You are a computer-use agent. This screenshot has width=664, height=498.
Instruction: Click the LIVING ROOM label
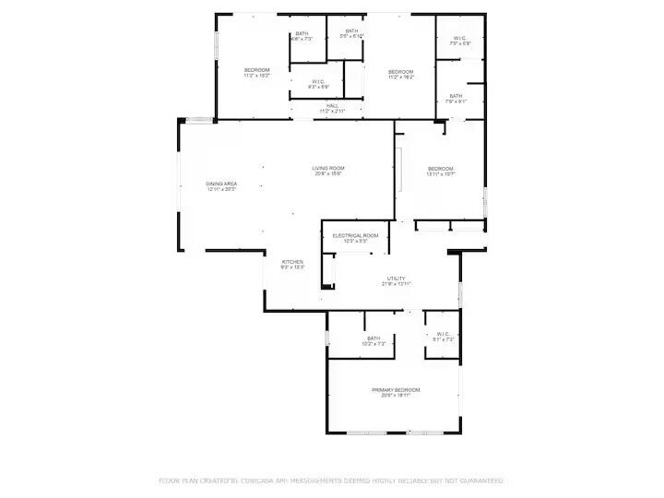pos(327,167)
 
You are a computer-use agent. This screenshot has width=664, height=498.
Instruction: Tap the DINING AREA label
pos(221,184)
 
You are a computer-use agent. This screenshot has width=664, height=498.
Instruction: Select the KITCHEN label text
pos(292,261)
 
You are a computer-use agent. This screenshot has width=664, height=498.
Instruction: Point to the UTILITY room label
pos(397,278)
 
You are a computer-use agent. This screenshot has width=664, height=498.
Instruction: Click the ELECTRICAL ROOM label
pos(356,236)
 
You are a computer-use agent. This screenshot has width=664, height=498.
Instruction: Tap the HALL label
pos(332,106)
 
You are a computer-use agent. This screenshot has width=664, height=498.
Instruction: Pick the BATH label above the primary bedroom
pos(373,338)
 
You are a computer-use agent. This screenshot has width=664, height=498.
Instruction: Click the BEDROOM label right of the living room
pos(441,168)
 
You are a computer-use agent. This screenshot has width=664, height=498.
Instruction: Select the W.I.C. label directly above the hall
pos(318,81)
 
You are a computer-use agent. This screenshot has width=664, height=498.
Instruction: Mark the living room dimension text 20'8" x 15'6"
pos(327,173)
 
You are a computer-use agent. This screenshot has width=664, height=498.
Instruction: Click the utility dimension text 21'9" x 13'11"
pos(397,284)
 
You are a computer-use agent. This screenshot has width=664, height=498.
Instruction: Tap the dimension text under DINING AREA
pos(221,190)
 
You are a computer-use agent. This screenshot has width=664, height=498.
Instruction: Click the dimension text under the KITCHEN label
pos(292,267)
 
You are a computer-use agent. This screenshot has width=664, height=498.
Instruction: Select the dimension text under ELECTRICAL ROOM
pos(356,243)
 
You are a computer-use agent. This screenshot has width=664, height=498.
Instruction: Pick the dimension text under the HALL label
pos(332,112)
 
